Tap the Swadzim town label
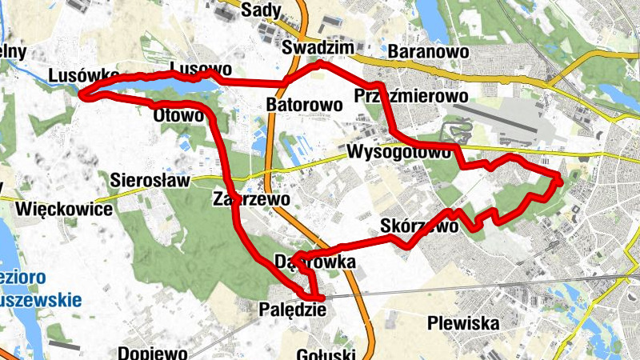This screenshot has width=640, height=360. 318,49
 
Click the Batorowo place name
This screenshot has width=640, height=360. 304,104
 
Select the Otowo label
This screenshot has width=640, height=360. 178,115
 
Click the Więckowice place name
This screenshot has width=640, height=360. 62,210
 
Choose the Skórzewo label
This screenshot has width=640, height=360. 420,226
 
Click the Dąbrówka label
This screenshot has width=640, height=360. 314,262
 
